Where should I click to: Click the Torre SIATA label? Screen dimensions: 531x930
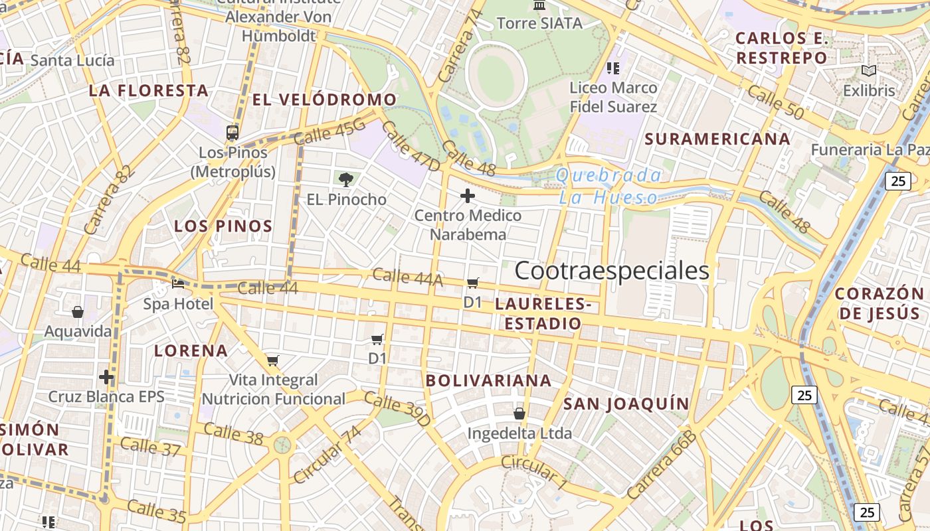[x=539, y=23]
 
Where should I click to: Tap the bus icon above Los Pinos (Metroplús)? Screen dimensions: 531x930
[x=232, y=132]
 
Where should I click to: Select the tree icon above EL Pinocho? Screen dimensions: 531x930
[x=345, y=179]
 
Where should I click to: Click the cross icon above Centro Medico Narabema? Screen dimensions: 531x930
[x=468, y=195]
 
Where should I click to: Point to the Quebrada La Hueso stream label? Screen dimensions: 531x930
[x=608, y=187]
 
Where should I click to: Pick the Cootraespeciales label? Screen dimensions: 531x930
[x=612, y=271]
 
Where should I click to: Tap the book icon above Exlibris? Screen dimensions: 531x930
[x=868, y=70]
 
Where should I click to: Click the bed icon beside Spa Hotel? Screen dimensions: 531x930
[x=178, y=284]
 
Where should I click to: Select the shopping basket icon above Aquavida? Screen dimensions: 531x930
[x=78, y=311]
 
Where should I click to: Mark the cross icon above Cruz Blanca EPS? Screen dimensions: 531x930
[x=106, y=377]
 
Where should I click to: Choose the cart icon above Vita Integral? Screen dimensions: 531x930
[x=273, y=360]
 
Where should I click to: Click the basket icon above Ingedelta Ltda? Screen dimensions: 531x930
[x=519, y=414]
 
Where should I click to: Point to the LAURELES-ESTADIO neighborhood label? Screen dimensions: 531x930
[x=542, y=314]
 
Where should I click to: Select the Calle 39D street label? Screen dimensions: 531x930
[x=397, y=409]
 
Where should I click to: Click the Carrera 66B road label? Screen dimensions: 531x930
[x=661, y=465]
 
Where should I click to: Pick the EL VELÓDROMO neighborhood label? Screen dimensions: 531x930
[x=325, y=100]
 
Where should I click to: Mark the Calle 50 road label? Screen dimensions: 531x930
[x=775, y=102]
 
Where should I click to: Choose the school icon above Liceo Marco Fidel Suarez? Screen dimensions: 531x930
[x=612, y=68]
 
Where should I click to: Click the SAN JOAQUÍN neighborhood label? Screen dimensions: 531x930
[x=626, y=404]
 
